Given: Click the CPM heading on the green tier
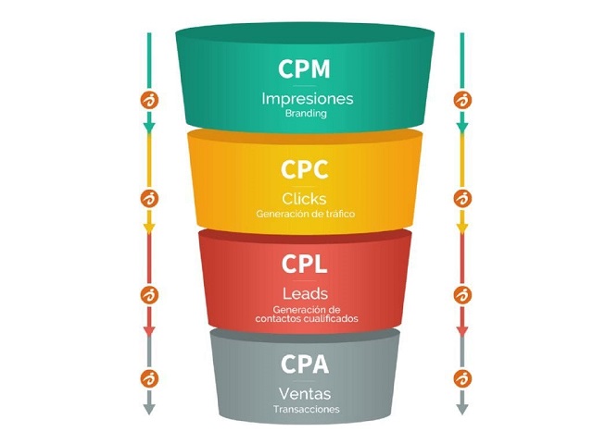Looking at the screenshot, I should pos(304,68).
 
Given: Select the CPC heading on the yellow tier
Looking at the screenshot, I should pos(304,171).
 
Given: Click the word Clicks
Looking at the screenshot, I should pos(304,198).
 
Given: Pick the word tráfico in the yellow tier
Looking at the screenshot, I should pos(337,214).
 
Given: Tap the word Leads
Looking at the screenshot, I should pos(304,293).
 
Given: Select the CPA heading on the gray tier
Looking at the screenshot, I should pos(304,364).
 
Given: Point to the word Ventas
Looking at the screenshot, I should pos(304,393).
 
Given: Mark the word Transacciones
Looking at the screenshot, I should pos(307,409).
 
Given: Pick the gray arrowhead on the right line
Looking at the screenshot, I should pos(462,408).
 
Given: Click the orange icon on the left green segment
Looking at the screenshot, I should pos(147,99).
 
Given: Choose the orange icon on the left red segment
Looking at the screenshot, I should pos(147,295).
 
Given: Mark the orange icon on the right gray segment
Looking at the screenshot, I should pos(462,377).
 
